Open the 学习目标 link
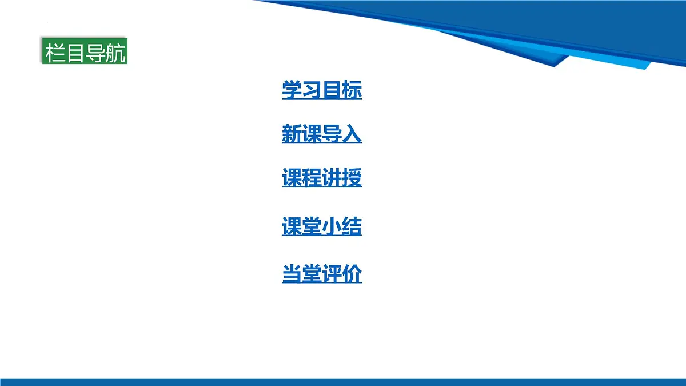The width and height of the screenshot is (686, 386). (322, 90)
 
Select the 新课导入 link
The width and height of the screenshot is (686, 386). (322, 134)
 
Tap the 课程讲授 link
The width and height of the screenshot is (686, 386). (322, 178)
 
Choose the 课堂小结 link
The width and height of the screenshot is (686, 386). (322, 227)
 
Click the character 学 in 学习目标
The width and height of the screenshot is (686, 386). (292, 90)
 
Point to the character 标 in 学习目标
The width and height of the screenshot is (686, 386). (352, 90)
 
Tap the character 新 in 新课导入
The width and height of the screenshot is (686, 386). (292, 134)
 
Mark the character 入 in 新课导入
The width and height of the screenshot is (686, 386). (352, 134)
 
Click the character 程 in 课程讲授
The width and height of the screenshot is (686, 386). (312, 178)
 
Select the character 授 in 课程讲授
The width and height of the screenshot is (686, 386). (352, 178)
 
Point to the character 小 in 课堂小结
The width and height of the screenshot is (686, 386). (332, 227)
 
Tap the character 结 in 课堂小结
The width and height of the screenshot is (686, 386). (352, 227)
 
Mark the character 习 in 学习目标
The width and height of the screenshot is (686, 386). (312, 90)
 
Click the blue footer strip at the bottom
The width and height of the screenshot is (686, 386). (343, 381)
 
